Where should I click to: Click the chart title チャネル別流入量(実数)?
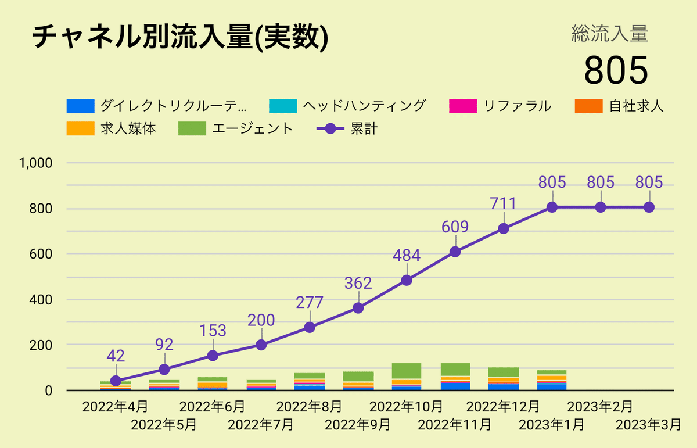click(x=179, y=38)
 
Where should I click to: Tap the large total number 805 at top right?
click(x=615, y=70)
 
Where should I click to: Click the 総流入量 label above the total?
click(x=609, y=34)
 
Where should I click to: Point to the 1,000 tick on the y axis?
click(x=37, y=163)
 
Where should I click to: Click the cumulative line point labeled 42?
click(x=116, y=381)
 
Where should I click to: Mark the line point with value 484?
click(x=407, y=280)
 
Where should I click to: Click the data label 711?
click(x=504, y=203)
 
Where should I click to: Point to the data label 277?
click(x=310, y=302)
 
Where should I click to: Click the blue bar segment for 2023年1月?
click(x=552, y=386)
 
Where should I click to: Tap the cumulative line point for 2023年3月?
click(x=649, y=207)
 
